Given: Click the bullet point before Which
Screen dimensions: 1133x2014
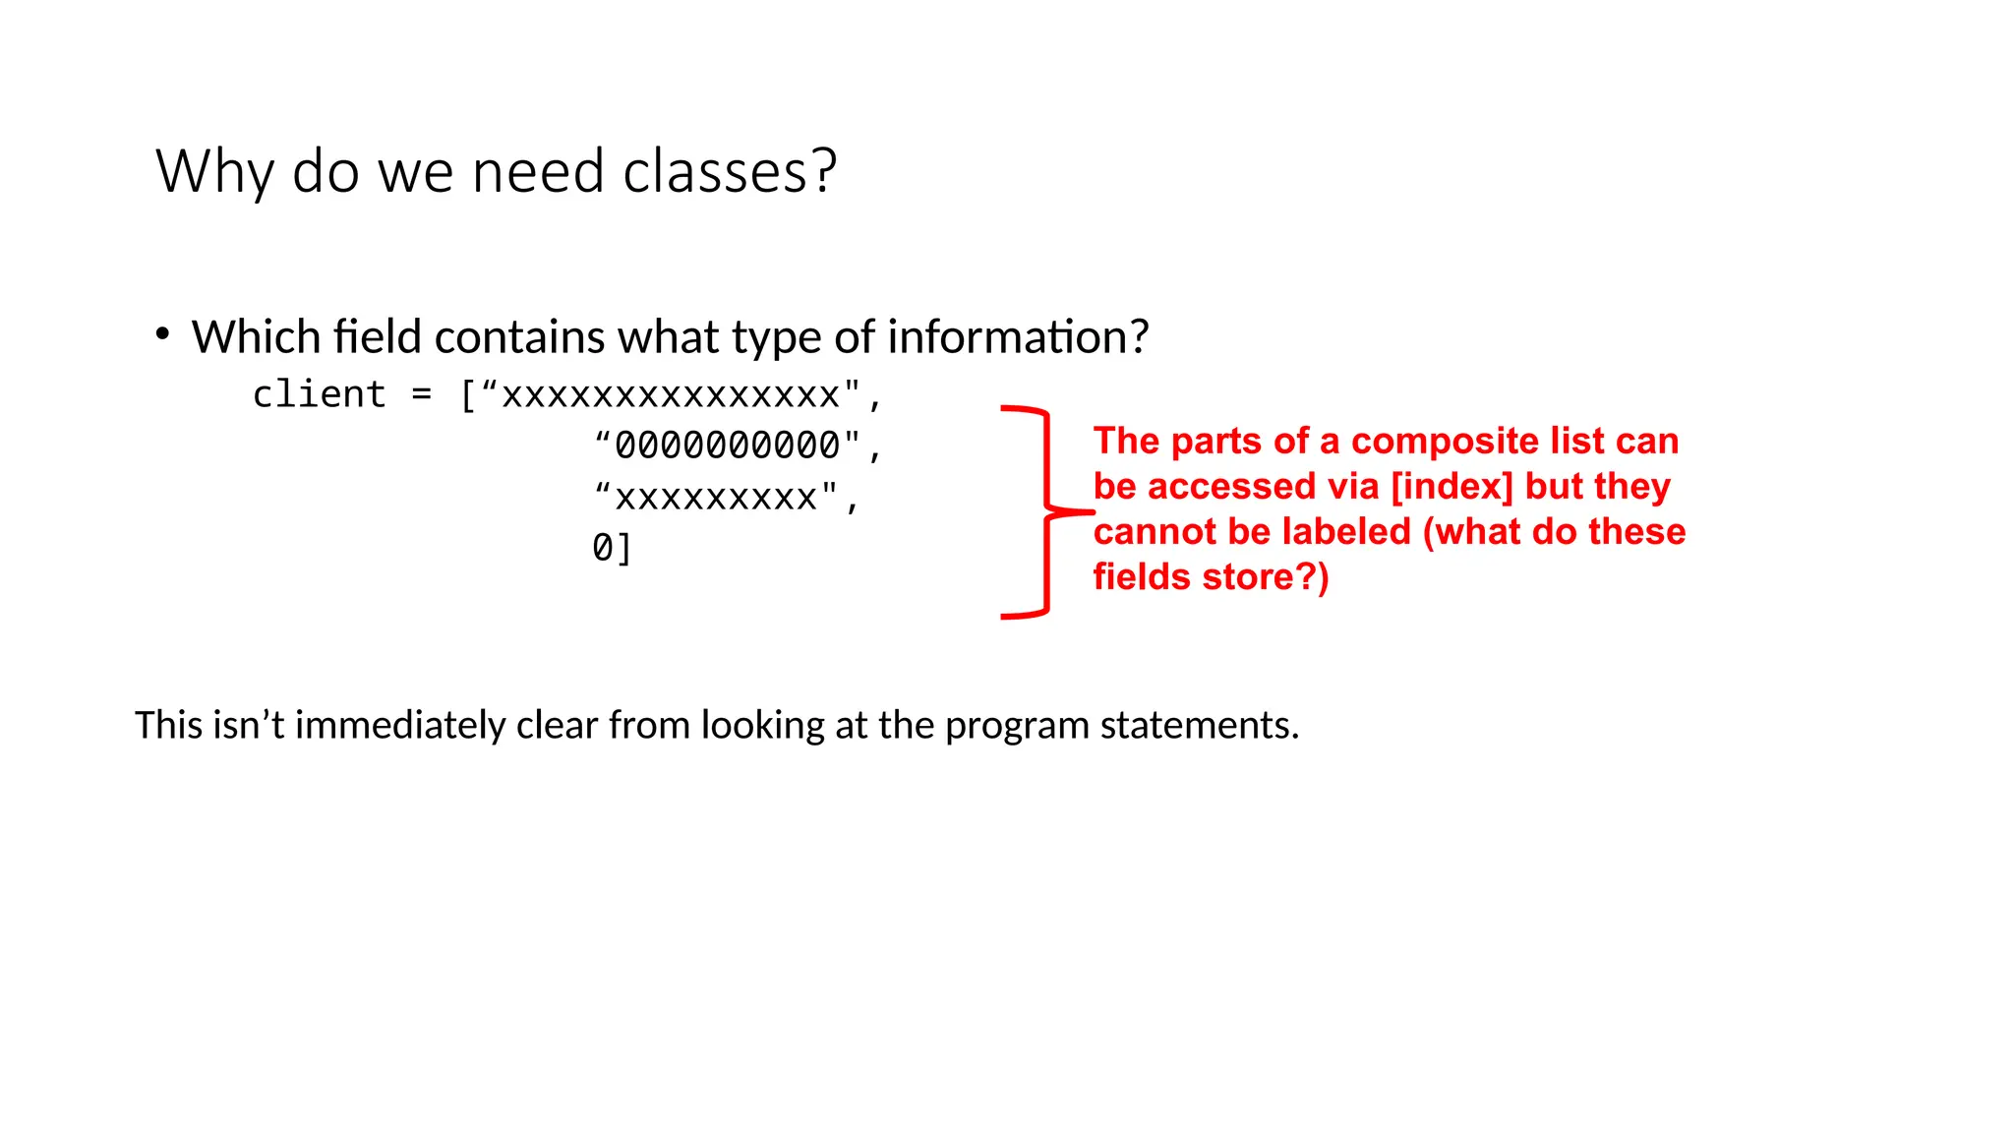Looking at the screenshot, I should click(163, 334).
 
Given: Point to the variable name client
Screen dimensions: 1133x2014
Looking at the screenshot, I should click(319, 394).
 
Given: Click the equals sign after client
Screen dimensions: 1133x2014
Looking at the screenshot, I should click(422, 394).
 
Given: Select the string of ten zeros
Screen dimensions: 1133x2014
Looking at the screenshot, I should click(728, 446).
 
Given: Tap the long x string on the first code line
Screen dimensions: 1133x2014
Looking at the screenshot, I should click(671, 394).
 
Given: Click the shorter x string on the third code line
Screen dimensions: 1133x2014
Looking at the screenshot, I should click(716, 498).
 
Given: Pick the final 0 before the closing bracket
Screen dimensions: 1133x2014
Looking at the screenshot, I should click(602, 548).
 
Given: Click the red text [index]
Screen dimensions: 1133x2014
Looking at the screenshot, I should click(1451, 486).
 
